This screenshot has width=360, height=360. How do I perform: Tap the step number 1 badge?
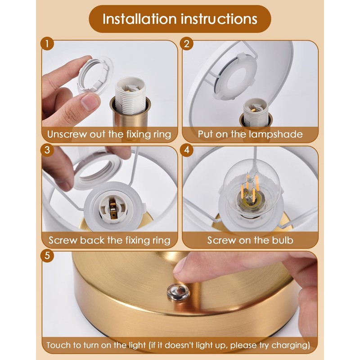point(47,44)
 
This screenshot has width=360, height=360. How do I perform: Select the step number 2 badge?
point(187,44)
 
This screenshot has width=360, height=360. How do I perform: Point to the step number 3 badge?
point(47,150)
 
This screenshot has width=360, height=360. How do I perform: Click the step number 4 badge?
point(187,150)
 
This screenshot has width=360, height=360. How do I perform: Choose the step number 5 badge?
point(47,255)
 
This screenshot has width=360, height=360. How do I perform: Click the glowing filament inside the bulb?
point(251,188)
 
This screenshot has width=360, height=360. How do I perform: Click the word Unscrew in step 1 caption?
point(67,134)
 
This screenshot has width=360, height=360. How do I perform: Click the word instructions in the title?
point(219,19)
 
